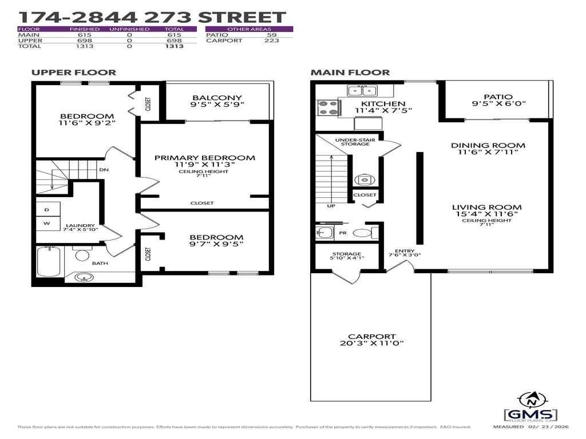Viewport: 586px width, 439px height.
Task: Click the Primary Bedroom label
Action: click(x=204, y=158)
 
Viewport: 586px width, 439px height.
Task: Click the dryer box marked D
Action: click(x=46, y=209)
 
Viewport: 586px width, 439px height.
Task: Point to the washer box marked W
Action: click(x=46, y=223)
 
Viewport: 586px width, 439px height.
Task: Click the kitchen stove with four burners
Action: click(x=327, y=108)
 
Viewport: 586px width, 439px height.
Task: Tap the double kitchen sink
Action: click(x=362, y=90)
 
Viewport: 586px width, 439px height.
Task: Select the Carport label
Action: click(x=371, y=337)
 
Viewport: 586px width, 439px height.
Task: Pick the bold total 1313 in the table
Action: click(x=174, y=46)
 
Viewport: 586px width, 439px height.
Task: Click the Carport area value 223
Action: click(x=271, y=41)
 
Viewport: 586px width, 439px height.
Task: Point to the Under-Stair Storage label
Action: click(x=352, y=141)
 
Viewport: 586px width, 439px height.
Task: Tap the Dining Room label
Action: click(x=488, y=145)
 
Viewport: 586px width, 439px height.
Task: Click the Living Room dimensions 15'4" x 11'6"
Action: click(x=487, y=214)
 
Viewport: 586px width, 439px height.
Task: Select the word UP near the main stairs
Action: click(x=331, y=206)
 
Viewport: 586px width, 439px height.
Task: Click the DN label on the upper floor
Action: click(x=104, y=170)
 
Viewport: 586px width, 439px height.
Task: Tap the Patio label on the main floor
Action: click(x=497, y=97)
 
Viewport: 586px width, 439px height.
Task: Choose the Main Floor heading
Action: click(x=350, y=73)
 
